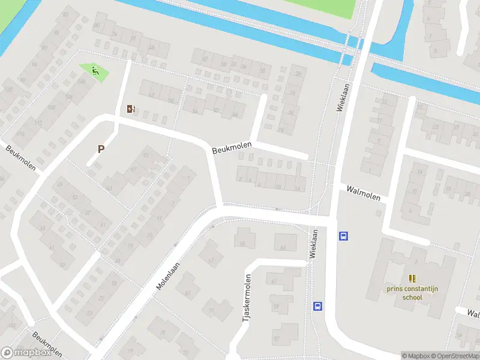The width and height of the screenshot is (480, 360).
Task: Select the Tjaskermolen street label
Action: pyautogui.click(x=246, y=298)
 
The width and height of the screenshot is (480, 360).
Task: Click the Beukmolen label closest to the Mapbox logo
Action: pyautogui.click(x=47, y=344)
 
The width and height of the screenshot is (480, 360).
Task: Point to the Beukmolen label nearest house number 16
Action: pyautogui.click(x=231, y=147)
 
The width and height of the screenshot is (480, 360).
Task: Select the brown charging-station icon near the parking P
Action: pyautogui.click(x=131, y=109)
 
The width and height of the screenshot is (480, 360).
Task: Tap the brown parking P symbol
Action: pyautogui.click(x=101, y=149)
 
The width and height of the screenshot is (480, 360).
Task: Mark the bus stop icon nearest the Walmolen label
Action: pyautogui.click(x=343, y=236)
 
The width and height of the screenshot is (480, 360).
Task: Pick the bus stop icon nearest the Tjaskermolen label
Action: pyautogui.click(x=317, y=306)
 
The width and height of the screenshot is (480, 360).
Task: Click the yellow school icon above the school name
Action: pyautogui.click(x=412, y=278)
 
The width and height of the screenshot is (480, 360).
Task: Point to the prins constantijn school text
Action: pyautogui.click(x=412, y=293)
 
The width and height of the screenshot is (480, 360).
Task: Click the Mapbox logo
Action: pyautogui.click(x=25, y=353)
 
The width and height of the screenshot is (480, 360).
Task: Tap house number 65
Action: pyautogui.click(x=243, y=243)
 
